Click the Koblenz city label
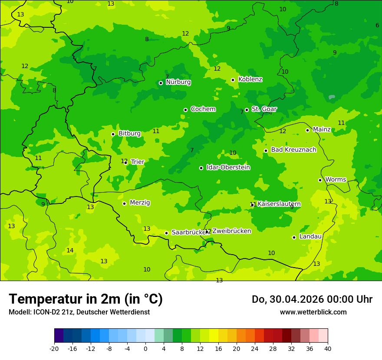click(x=250, y=79)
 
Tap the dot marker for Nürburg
click(x=161, y=83)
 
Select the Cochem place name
click(x=203, y=109)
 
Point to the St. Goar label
click(x=264, y=109)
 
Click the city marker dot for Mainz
click(x=307, y=130)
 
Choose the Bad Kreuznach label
click(x=293, y=150)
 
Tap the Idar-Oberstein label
click(x=228, y=167)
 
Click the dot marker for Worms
click(x=320, y=180)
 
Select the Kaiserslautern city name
click(x=279, y=204)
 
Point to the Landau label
click(x=310, y=237)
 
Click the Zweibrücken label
click(x=231, y=231)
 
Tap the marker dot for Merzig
click(x=124, y=203)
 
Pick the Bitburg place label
click(x=129, y=134)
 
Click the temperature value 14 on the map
click(x=70, y=251)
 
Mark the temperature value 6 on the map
click(x=377, y=26)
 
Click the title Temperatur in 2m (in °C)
click(x=86, y=299)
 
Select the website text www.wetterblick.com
click(x=313, y=312)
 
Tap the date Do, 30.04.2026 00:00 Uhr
click(x=312, y=299)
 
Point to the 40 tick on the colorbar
click(x=327, y=349)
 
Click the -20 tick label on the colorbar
click(x=54, y=349)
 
